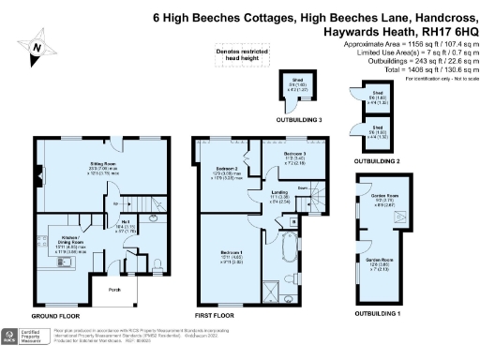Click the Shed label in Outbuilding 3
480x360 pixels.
297,82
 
